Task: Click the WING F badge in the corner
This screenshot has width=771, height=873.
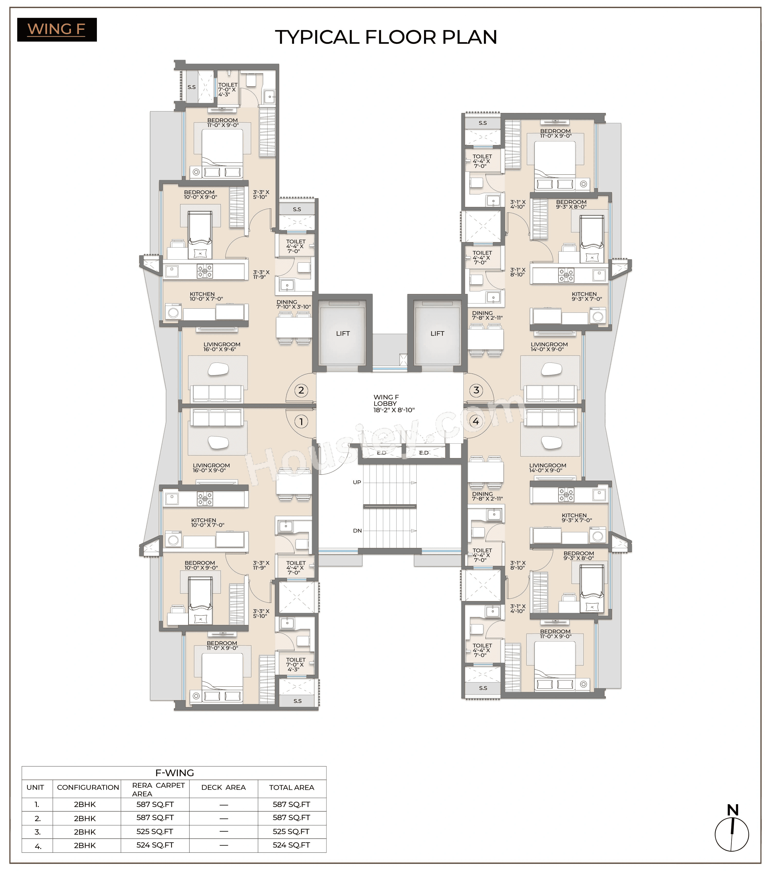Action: (x=57, y=30)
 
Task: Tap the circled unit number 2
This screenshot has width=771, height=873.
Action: (x=301, y=390)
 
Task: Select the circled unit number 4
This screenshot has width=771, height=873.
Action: (x=476, y=421)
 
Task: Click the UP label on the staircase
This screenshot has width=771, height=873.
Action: (x=357, y=482)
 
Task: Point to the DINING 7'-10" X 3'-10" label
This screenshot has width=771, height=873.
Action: (x=293, y=304)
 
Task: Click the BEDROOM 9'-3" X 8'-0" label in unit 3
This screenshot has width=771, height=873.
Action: (x=571, y=204)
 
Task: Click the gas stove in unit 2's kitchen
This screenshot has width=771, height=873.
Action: (x=205, y=271)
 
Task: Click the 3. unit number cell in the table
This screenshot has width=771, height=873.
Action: (x=37, y=832)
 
